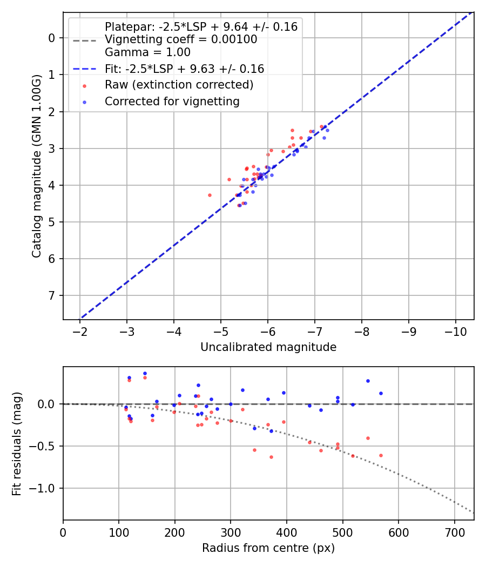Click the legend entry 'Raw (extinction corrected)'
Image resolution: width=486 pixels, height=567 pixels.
pyautogui.click(x=179, y=85)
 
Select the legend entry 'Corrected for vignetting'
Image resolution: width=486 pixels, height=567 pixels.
pyautogui.click(x=172, y=101)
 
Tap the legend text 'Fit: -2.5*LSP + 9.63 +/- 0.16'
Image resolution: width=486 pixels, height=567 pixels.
pyautogui.click(x=184, y=69)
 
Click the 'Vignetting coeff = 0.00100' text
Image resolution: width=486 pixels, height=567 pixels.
pyautogui.click(x=181, y=39)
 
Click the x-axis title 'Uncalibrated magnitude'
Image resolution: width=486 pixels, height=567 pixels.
pyautogui.click(x=268, y=347)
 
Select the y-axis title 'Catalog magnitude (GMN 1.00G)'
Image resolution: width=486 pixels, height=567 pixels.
pyautogui.click(x=36, y=166)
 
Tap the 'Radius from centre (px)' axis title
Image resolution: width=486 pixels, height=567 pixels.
pyautogui.click(x=268, y=548)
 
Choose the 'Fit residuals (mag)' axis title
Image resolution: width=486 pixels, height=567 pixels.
pyautogui.click(x=17, y=443)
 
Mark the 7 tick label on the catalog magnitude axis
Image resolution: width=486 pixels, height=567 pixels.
pyautogui.click(x=52, y=295)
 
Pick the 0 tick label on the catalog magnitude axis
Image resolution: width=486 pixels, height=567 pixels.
pyautogui.click(x=52, y=38)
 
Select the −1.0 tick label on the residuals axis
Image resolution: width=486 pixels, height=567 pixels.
pyautogui.click(x=46, y=488)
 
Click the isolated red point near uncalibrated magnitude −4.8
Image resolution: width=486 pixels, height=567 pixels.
pyautogui.click(x=210, y=195)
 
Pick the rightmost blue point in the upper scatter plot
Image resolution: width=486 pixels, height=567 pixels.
pyautogui.click(x=327, y=130)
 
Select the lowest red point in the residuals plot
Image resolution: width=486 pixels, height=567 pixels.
pyautogui.click(x=271, y=457)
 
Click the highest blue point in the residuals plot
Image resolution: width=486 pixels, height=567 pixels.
pyautogui.click(x=145, y=373)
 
